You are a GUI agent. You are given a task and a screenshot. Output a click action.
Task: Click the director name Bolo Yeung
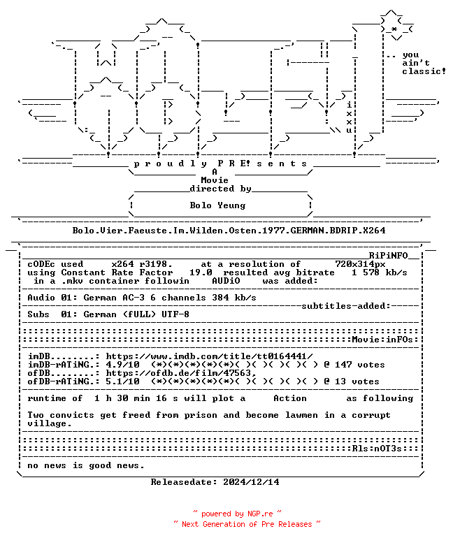coord(217,205)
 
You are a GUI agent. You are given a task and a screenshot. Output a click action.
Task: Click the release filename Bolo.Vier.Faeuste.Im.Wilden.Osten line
coord(229,231)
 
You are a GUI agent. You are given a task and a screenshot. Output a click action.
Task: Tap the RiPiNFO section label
coord(388,256)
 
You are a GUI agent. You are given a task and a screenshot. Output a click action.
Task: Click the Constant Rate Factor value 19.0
coord(201,272)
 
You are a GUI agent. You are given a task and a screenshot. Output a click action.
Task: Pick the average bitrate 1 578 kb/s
coord(380,272)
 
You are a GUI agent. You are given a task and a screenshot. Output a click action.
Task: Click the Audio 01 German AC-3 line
coord(142,298)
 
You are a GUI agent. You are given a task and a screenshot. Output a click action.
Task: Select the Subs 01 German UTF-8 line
coord(108,314)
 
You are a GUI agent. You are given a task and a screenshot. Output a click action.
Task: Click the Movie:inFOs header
coord(382,340)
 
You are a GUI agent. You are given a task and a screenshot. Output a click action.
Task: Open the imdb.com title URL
coord(209,356)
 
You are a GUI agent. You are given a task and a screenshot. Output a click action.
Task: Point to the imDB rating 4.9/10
coord(123,365)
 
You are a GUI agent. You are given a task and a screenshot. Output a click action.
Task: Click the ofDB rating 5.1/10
coord(123,381)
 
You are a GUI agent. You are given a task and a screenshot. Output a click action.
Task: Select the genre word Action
coord(290,398)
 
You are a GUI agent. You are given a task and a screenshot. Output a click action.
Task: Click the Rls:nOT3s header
coord(377,449)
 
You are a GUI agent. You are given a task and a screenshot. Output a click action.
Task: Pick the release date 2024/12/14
coord(251,482)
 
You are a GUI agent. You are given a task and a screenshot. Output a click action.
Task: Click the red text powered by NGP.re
coord(237,514)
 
